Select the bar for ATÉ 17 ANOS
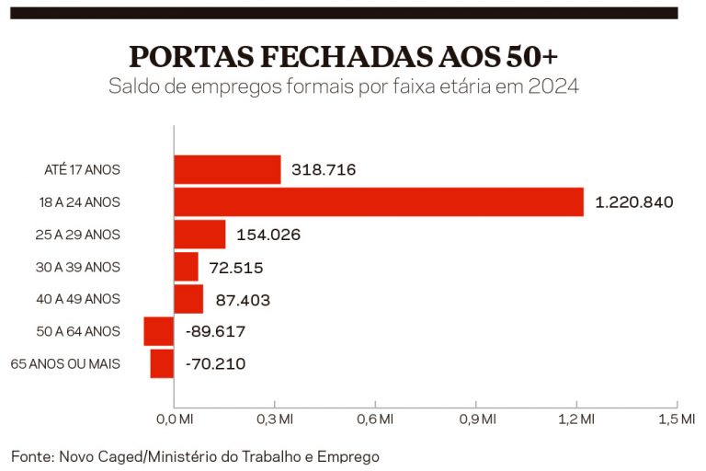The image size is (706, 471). tap(227, 169)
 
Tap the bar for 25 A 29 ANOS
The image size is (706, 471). tap(199, 235)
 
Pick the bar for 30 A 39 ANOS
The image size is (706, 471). tap(186, 267)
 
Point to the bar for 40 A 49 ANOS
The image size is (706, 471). tap(188, 299)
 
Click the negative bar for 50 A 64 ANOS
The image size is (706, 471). tap(159, 331)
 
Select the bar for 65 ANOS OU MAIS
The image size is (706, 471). tap(162, 363)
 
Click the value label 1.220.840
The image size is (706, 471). tap(635, 201)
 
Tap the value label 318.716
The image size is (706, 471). tap(324, 169)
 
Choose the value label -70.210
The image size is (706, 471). tap(215, 363)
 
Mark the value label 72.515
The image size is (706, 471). tap(236, 268)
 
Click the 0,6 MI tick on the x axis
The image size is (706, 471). tap(375, 419)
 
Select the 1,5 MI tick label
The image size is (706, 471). tap(677, 419)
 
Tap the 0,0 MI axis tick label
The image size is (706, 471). tap(174, 419)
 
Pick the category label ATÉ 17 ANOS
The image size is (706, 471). tap(83, 169)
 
